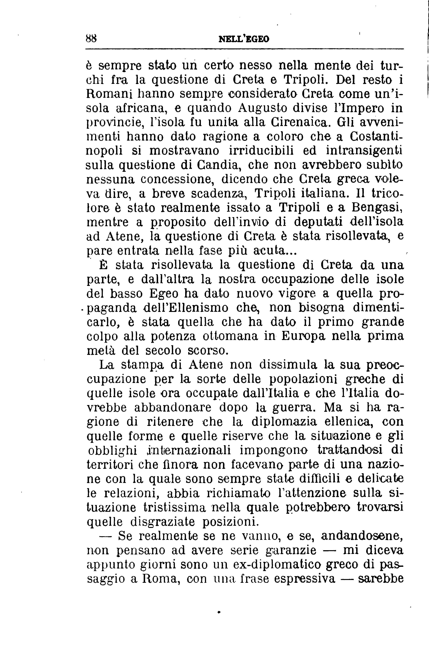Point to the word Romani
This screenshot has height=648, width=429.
pyautogui.click(x=105, y=94)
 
